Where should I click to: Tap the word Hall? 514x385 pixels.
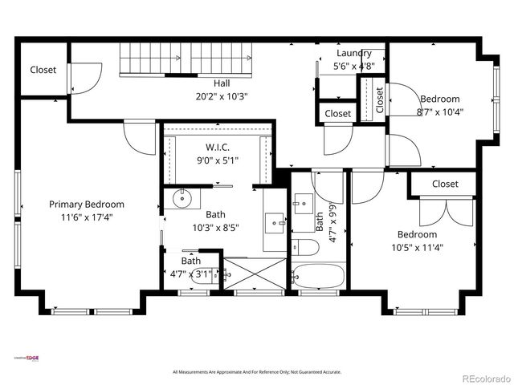[x=222, y=83]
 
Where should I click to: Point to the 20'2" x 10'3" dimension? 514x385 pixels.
[x=222, y=95]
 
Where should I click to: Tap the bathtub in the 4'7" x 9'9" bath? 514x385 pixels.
[x=318, y=276]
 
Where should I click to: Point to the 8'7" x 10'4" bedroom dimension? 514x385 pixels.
[x=441, y=113]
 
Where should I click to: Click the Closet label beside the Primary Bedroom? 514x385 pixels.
[x=43, y=70]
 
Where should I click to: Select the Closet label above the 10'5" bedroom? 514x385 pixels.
[x=445, y=184]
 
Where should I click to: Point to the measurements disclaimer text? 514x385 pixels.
[x=257, y=372]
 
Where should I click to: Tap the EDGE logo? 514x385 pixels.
[x=31, y=358]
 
